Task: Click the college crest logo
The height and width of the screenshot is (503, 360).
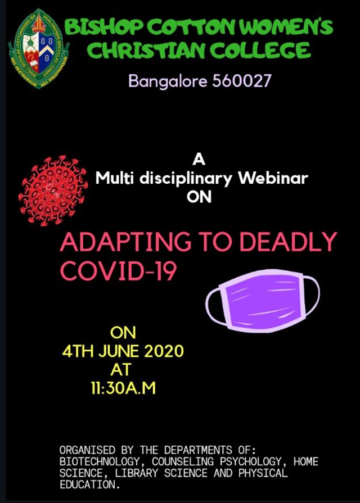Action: pyautogui.click(x=39, y=49)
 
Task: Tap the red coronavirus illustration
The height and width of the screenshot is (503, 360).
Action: pyautogui.click(x=53, y=191)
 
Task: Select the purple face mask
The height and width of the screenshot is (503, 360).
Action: pyautogui.click(x=263, y=301)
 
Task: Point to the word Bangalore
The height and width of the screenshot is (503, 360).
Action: pyautogui.click(x=168, y=81)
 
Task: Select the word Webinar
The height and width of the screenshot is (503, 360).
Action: pyautogui.click(x=273, y=178)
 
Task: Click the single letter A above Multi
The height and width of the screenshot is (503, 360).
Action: pyautogui.click(x=199, y=160)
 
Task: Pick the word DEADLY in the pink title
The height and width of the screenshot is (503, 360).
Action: pyautogui.click(x=289, y=242)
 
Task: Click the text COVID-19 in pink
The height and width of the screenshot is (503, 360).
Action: pyautogui.click(x=119, y=270)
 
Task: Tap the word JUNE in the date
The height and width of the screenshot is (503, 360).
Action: pyautogui.click(x=119, y=351)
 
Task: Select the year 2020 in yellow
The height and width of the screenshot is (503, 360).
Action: pyautogui.click(x=164, y=351)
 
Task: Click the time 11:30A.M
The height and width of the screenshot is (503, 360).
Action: pyautogui.click(x=123, y=388)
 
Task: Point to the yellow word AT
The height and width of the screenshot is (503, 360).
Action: pyautogui.click(x=121, y=370)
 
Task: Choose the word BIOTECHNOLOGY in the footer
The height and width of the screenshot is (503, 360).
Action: pyautogui.click(x=100, y=461)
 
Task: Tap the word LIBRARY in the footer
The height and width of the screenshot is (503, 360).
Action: pyautogui.click(x=137, y=473)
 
